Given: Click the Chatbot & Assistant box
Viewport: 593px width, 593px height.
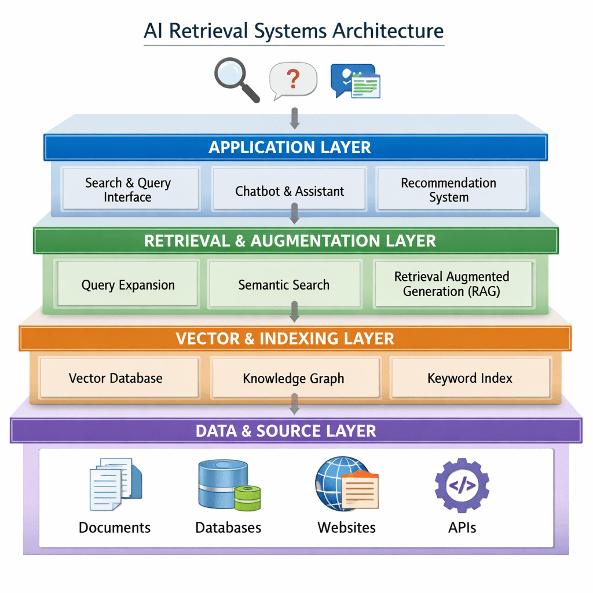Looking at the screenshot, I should click(289, 191).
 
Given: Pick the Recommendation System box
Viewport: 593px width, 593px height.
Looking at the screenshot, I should click(449, 189).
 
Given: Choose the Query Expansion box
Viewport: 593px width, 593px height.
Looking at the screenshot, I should click(127, 284).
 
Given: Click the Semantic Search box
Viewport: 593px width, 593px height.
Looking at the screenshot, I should click(284, 284).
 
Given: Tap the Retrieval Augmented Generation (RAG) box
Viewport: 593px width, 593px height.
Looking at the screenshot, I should click(452, 284).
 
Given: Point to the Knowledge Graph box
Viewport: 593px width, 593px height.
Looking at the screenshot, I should click(294, 378).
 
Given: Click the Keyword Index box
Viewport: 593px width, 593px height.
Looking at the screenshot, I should click(470, 378).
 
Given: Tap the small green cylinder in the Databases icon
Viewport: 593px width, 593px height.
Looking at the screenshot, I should click(247, 497).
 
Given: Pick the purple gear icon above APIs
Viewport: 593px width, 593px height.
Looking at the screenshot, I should click(462, 485).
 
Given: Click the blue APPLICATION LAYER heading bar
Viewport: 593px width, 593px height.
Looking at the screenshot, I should click(295, 147).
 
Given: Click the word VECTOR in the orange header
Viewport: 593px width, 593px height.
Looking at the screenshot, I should click(207, 338).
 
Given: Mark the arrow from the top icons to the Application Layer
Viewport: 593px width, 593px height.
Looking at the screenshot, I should click(294, 118).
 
